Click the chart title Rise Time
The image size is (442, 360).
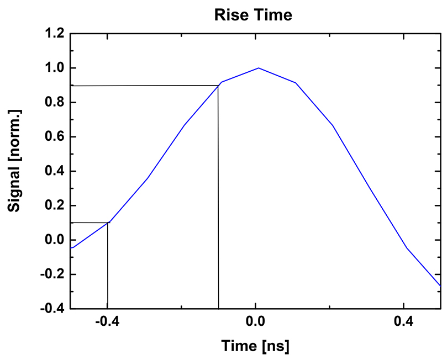253,15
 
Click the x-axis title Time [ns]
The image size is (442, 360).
255,346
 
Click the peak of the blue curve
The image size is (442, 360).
259,68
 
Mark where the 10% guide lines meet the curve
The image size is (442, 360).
108,223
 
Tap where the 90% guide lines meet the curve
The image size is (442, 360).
218,86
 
